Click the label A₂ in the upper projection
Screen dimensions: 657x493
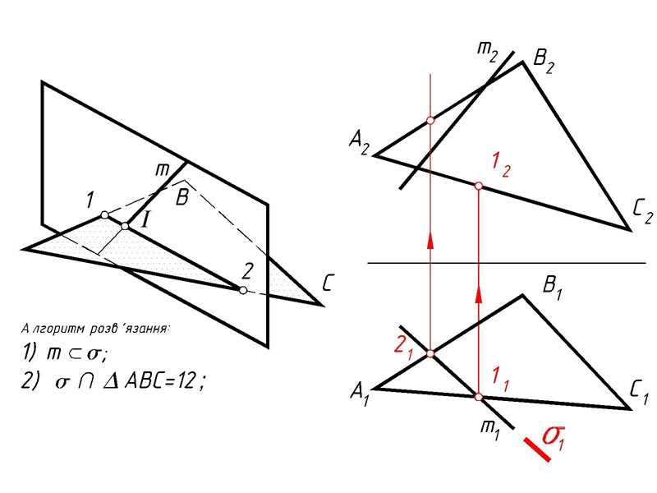[x=359, y=145]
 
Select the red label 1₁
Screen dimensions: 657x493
[x=501, y=379]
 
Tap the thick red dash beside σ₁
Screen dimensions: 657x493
[x=537, y=449]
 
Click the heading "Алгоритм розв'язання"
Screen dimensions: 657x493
[x=96, y=329]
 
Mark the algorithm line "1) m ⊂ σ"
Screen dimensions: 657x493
[x=70, y=353]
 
